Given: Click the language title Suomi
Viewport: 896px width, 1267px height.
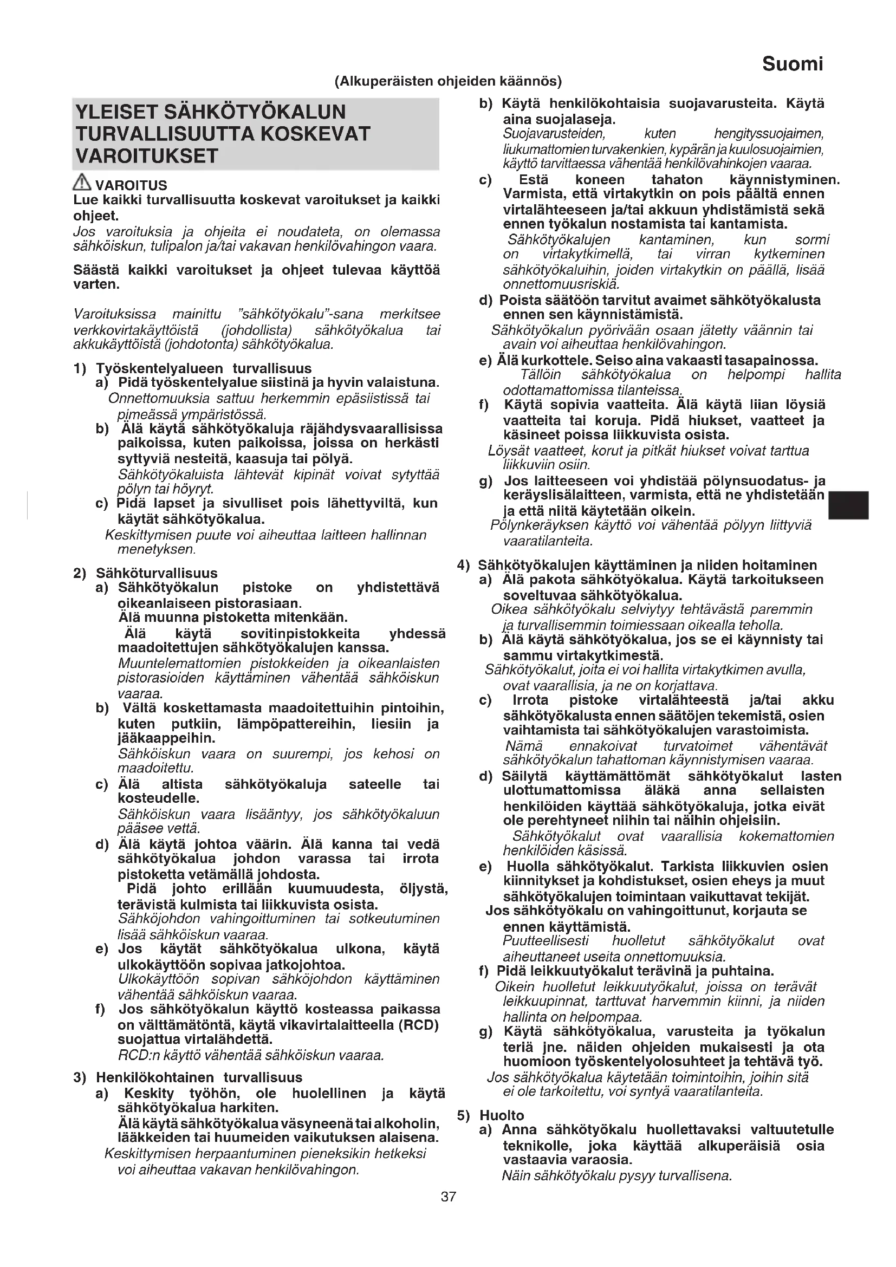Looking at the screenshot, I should [x=792, y=64].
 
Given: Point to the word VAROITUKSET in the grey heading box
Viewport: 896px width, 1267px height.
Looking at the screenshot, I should [x=147, y=156].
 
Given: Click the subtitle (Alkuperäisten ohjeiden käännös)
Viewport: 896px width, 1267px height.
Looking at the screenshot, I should [x=448, y=82].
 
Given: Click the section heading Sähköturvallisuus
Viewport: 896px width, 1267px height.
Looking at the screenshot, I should [x=157, y=573].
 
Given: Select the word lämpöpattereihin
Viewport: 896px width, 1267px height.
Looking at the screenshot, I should [x=296, y=724].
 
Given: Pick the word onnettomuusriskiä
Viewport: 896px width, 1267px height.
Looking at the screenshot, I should [x=561, y=285].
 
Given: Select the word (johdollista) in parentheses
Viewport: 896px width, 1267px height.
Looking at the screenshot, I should [x=256, y=330].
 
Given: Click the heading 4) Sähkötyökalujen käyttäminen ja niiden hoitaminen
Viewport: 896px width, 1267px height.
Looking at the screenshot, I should [x=637, y=565].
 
